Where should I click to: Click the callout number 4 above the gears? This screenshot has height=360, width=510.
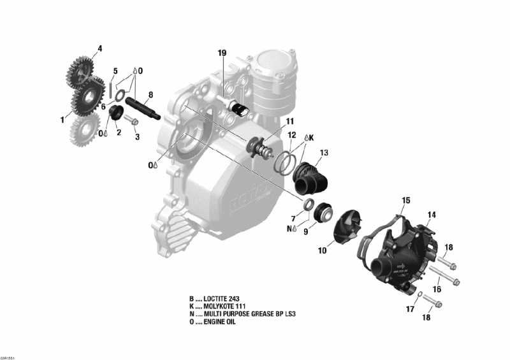pyautogui.click(x=99, y=48)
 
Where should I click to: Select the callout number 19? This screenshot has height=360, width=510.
pyautogui.click(x=222, y=53)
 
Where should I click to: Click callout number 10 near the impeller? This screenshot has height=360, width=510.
pyautogui.click(x=322, y=251)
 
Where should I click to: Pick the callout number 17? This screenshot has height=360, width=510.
pyautogui.click(x=410, y=309)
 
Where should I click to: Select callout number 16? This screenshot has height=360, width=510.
pyautogui.click(x=437, y=271)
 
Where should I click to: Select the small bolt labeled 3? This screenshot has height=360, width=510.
pyautogui.click(x=131, y=119)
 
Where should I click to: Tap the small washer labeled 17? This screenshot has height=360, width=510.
pyautogui.click(x=421, y=294)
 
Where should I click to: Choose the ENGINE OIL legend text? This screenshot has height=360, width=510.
pyautogui.click(x=219, y=322)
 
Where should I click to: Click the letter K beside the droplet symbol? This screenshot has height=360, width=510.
pyautogui.click(x=312, y=137)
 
